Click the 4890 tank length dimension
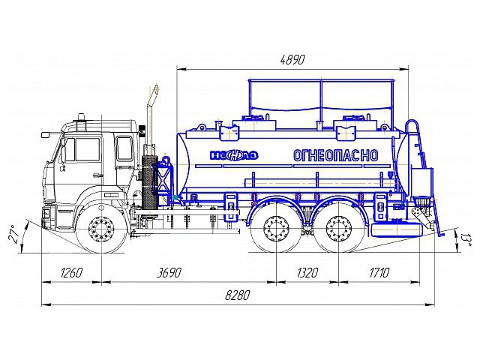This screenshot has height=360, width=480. click(x=292, y=59)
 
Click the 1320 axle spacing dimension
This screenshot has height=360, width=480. click(x=307, y=272)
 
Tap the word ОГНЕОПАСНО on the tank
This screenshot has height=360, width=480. click(x=335, y=155)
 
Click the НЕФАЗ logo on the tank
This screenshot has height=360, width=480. click(x=234, y=156)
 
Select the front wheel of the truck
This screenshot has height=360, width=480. click(x=102, y=230)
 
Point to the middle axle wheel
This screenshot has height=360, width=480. click(x=275, y=230)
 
